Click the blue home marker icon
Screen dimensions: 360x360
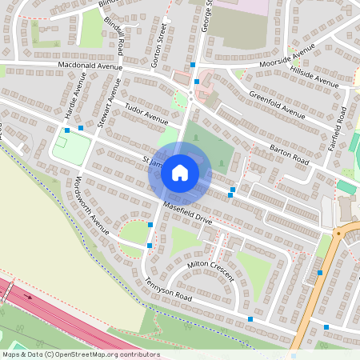point(180,173)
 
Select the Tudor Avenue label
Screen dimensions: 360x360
point(146,115)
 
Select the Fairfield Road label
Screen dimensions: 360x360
point(341,124)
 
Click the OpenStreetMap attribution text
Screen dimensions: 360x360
point(80,354)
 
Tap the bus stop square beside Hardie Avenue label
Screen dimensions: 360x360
point(67,129)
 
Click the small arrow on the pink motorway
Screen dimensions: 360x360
point(30,297)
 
